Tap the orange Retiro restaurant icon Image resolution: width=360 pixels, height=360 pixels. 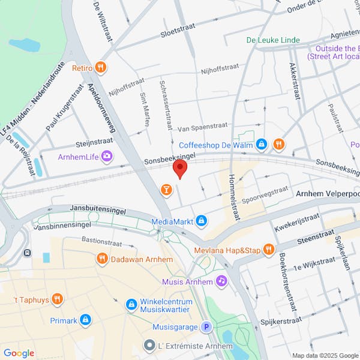click(x=101, y=68)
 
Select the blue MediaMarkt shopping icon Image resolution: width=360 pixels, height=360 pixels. click(x=202, y=221)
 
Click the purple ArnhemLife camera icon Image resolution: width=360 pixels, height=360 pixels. click(x=107, y=157)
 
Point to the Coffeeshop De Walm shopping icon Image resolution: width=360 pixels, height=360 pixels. click(x=261, y=145)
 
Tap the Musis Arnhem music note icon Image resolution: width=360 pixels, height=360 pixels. click(x=221, y=281)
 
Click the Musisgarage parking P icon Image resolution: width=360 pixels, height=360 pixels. click(x=206, y=327)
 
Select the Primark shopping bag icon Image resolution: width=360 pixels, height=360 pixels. click(x=85, y=320)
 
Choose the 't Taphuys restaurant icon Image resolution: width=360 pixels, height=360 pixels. click(x=57, y=298)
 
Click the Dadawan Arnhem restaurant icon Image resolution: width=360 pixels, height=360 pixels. click(x=102, y=259)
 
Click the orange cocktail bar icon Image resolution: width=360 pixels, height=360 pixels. click(x=166, y=190)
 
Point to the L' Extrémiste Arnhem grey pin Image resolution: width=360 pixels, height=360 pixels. click(x=150, y=346)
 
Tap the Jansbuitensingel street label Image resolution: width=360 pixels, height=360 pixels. click(x=98, y=208)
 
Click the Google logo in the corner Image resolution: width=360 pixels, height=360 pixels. click(x=19, y=353)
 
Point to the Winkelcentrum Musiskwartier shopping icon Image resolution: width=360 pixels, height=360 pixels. click(x=131, y=305)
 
